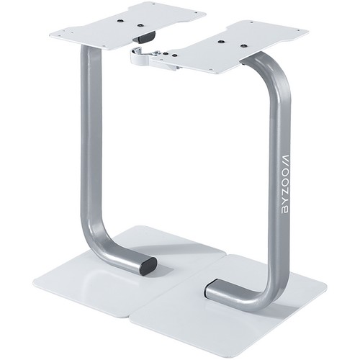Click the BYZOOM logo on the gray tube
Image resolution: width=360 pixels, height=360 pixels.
(285, 183)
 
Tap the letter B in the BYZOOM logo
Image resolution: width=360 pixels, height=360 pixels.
(285, 210)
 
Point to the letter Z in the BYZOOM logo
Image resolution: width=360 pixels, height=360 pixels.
(285, 191)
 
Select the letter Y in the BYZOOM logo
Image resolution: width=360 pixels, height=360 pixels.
(285, 200)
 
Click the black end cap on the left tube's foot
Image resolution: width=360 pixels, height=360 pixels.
(148, 266)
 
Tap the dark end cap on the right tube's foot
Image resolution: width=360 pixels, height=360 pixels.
(209, 288)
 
